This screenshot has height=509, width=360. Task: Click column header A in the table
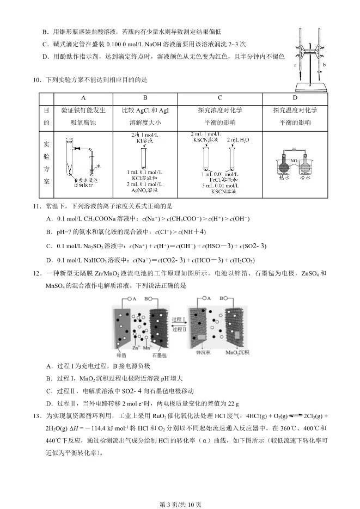pos(83,98)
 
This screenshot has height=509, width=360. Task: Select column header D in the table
pos(295,98)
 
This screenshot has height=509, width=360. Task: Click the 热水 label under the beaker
pos(283,177)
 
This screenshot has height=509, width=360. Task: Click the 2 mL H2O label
pos(238,140)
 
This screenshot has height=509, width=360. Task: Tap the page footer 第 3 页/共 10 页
pos(180,503)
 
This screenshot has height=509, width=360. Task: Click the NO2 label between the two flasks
pos(295,161)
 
